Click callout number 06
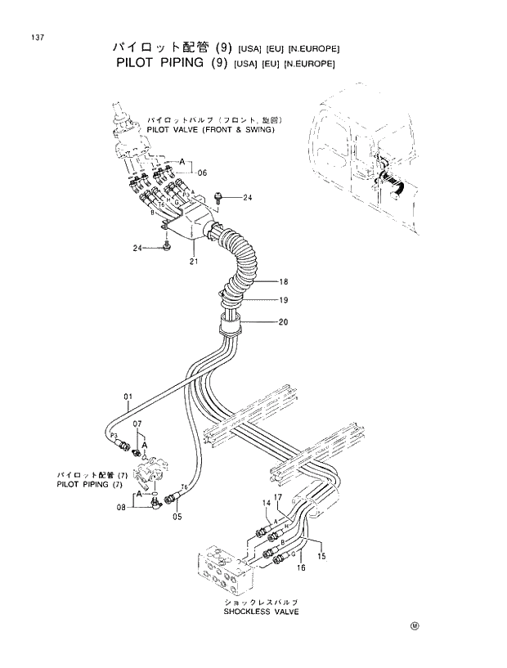(x=202, y=173)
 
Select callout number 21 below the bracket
(x=194, y=262)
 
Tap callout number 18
(x=284, y=281)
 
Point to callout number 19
(x=284, y=300)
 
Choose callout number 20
(x=284, y=321)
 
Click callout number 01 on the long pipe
(x=128, y=400)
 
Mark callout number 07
(x=138, y=424)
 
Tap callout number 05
(x=177, y=516)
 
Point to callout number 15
(x=321, y=556)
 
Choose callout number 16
(x=301, y=567)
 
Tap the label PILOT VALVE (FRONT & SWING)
(x=211, y=129)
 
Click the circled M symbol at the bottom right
(x=415, y=627)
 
